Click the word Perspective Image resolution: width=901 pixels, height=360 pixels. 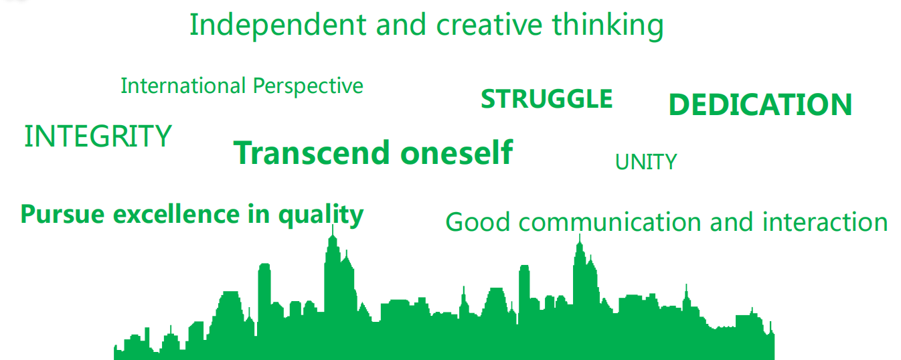click(x=308, y=86)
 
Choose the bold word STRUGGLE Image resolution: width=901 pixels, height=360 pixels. click(x=547, y=99)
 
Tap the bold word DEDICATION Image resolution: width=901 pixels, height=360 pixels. click(x=760, y=104)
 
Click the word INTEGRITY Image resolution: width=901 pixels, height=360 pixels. click(x=98, y=136)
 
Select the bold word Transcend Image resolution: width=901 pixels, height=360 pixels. click(x=312, y=153)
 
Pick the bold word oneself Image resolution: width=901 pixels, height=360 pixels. click(x=457, y=152)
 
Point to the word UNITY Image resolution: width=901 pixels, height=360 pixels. click(x=646, y=162)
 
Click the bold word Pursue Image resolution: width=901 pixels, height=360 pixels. click(x=63, y=214)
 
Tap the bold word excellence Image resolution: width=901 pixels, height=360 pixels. click(x=177, y=213)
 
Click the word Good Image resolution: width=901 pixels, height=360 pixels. click(x=478, y=222)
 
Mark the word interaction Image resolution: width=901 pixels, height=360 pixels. click(x=825, y=222)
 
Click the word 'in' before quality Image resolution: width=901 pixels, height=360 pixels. click(x=258, y=213)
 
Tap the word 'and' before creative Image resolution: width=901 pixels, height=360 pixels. click(x=401, y=25)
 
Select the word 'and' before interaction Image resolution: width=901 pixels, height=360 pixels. click(x=732, y=222)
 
